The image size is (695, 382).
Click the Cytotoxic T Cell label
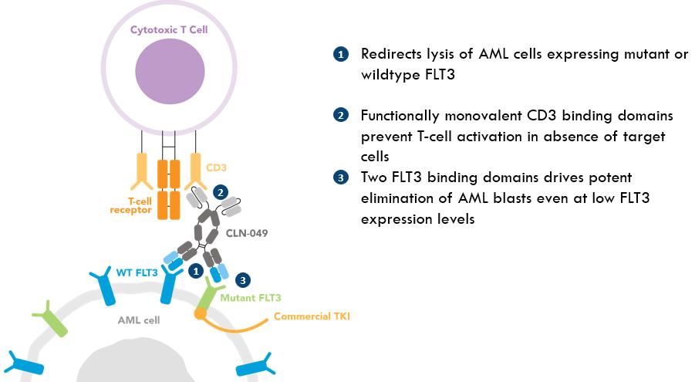[169, 30]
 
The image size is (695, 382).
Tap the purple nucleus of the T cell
[170, 72]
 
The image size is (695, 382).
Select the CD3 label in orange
[216, 167]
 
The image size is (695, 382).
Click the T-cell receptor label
[131, 205]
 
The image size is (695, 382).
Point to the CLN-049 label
[247, 233]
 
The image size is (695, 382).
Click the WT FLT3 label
[137, 272]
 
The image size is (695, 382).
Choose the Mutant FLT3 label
[251, 298]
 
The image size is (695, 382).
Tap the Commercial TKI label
[312, 316]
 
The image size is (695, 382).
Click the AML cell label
[139, 320]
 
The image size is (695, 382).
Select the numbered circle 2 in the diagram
[221, 193]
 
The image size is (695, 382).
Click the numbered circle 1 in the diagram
[196, 271]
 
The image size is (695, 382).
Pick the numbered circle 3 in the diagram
[243, 280]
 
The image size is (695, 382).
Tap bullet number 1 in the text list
[341, 55]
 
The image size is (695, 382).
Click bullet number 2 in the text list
[341, 116]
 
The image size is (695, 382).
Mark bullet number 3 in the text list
[341, 178]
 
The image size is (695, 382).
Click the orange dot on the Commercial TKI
[200, 313]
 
